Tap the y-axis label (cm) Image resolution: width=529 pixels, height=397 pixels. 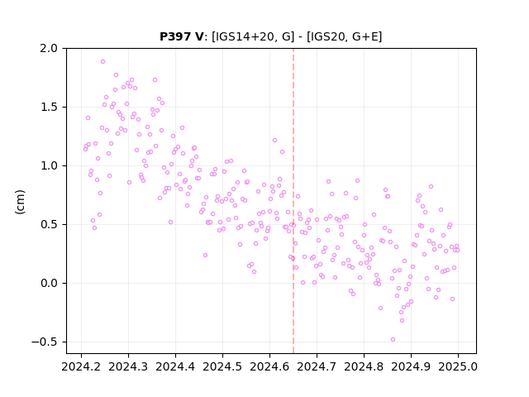[x=20, y=202]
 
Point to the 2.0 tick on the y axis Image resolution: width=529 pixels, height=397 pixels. [x=49, y=48]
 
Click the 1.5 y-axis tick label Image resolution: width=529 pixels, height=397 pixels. [x=49, y=107]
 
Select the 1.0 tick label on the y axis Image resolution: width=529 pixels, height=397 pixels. [x=49, y=165]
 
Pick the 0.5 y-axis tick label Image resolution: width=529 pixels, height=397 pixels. [x=49, y=224]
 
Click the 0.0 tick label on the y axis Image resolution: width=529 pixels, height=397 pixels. [x=49, y=283]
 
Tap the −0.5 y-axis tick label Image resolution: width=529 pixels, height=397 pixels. [x=45, y=342]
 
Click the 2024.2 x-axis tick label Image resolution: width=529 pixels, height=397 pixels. [x=81, y=366]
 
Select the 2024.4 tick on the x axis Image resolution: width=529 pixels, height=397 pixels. [x=175, y=366]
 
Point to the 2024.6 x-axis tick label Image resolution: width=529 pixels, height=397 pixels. [x=269, y=366]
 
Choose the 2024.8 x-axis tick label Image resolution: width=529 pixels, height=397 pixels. [x=364, y=366]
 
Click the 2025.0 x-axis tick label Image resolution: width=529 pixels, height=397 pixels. [x=458, y=366]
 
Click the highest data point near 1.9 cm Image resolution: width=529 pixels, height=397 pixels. [x=102, y=62]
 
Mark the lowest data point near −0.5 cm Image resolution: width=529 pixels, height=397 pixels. [x=393, y=340]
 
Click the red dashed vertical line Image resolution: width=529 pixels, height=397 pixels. [x=293, y=201]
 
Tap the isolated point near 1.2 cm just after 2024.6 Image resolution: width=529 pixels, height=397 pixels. [x=274, y=140]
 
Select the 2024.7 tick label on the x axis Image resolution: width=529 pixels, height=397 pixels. [x=317, y=366]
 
